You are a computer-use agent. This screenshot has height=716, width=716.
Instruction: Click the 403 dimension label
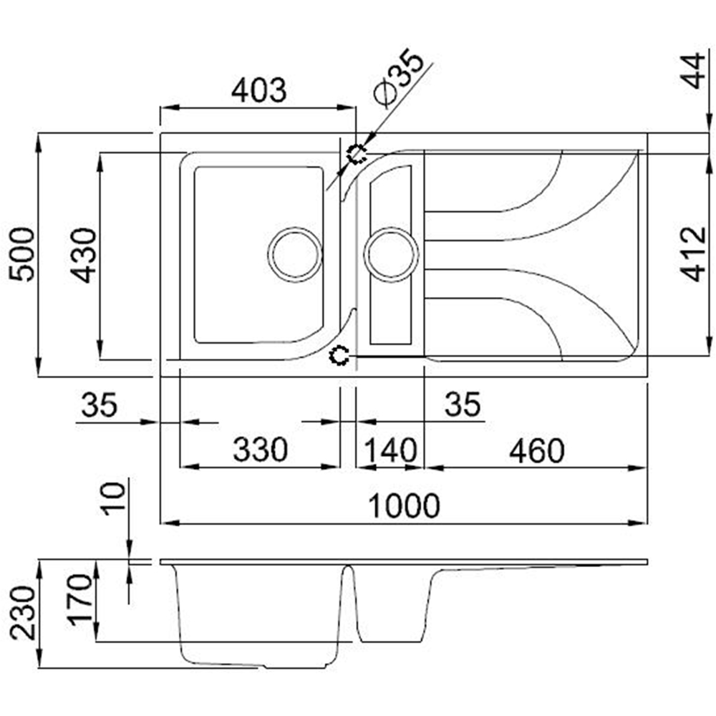click(x=258, y=90)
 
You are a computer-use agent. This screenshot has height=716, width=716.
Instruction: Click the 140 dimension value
click(x=390, y=450)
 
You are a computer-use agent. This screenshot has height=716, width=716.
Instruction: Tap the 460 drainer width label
click(x=536, y=450)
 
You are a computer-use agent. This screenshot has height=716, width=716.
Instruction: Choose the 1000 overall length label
click(x=404, y=506)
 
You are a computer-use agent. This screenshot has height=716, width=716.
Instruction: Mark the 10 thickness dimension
click(x=114, y=498)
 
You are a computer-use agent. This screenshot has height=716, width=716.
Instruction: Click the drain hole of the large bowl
click(x=294, y=254)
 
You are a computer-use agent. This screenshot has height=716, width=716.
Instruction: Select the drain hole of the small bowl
click(x=391, y=254)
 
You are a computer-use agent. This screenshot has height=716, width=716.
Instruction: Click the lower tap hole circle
click(x=340, y=355)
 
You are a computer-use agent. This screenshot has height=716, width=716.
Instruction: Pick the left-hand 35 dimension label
click(x=99, y=406)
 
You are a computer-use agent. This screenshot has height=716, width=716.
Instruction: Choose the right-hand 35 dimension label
click(x=462, y=406)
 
